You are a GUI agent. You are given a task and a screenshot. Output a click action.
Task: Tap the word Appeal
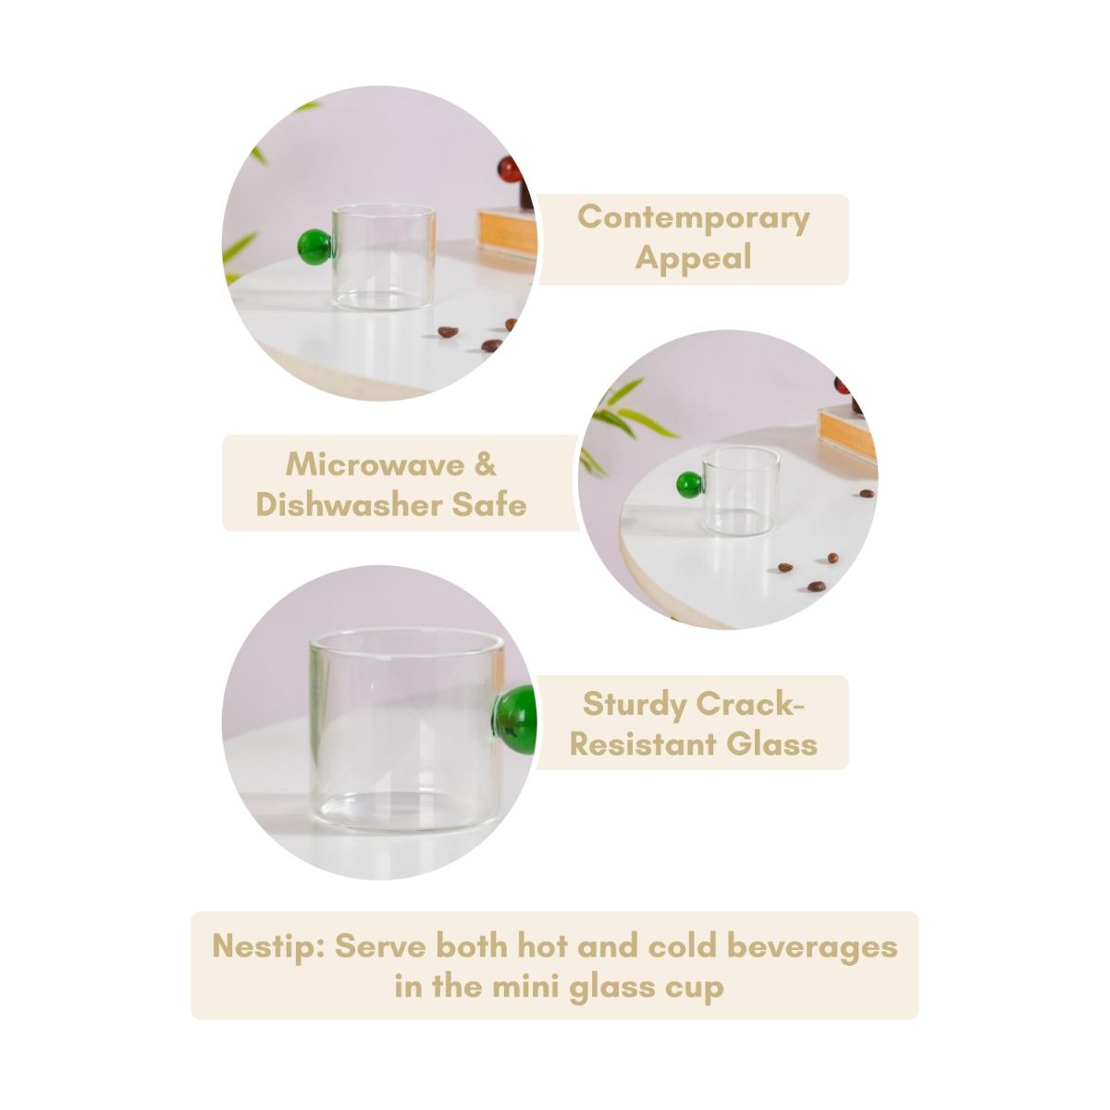pyautogui.click(x=693, y=259)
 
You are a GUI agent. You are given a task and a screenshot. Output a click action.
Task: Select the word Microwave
pyautogui.click(x=374, y=464)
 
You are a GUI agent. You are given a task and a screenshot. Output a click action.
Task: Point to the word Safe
pyautogui.click(x=489, y=505)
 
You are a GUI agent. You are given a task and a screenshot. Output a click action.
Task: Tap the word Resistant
pyautogui.click(x=644, y=744)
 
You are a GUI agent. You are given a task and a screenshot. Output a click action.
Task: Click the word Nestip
pyautogui.click(x=268, y=947)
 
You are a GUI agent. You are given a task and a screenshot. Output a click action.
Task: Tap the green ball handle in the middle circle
pyautogui.click(x=689, y=485)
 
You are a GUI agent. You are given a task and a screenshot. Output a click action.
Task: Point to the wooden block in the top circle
pyautogui.click(x=508, y=233)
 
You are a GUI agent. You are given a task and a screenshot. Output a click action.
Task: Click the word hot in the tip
pyautogui.click(x=544, y=947)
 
